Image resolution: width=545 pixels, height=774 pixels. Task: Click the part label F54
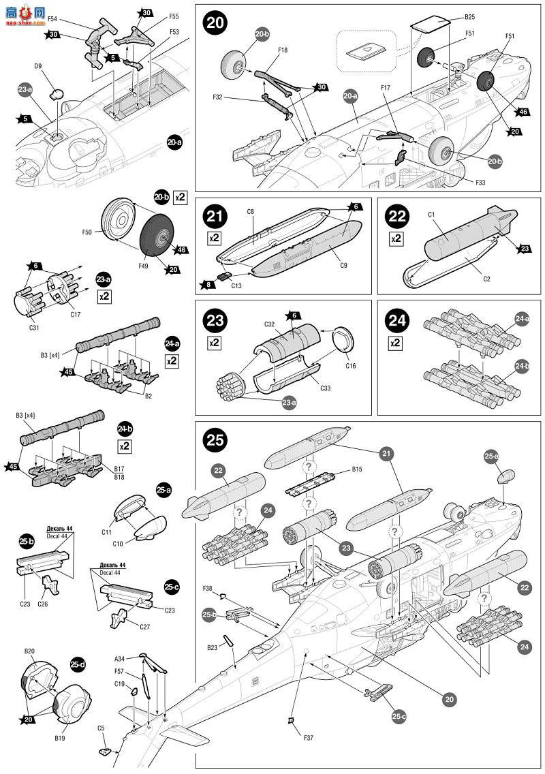point(52,19)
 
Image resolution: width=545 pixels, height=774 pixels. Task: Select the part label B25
point(469,16)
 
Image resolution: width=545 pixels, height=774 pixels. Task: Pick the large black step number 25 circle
point(215,439)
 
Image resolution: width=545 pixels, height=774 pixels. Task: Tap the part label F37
point(294,736)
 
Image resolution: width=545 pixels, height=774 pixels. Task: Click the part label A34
point(119,659)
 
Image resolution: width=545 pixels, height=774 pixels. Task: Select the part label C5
point(101,728)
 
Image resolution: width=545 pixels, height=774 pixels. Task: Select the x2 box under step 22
point(396,238)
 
